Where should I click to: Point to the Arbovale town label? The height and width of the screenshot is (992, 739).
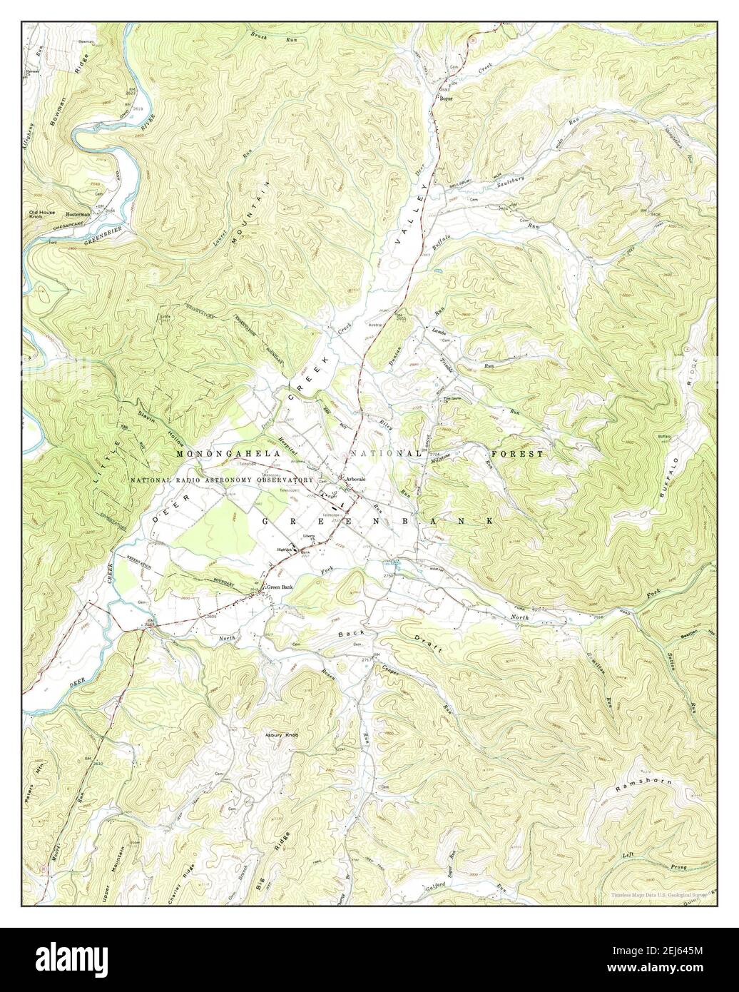point(355,478)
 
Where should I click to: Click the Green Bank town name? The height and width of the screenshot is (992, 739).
point(280,587)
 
